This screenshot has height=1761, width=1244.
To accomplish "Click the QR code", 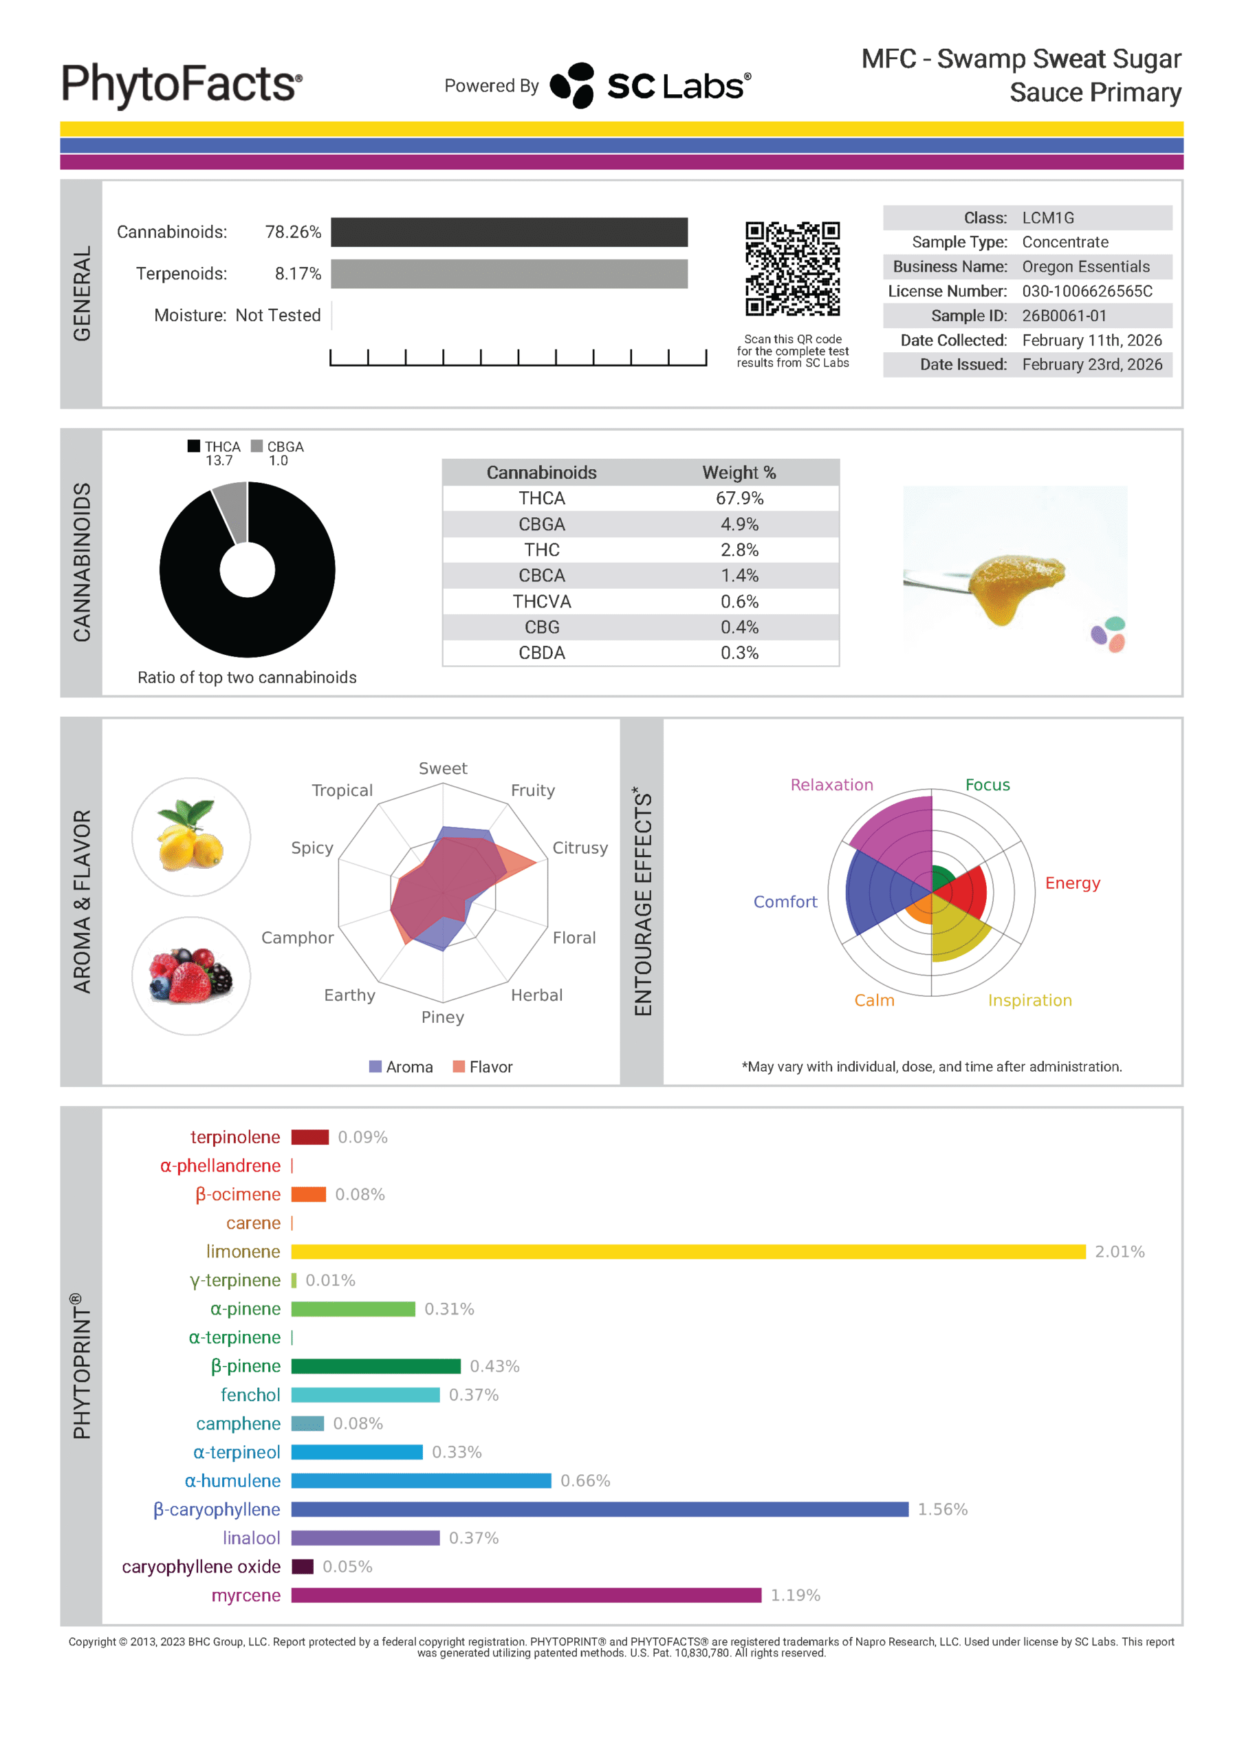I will (792, 268).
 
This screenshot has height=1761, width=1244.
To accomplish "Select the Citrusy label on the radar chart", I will (580, 847).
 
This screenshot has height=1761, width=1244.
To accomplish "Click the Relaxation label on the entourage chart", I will (831, 785).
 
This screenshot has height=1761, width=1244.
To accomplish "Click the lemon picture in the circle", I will (191, 836).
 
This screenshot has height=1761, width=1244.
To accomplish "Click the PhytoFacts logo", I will (181, 84).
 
